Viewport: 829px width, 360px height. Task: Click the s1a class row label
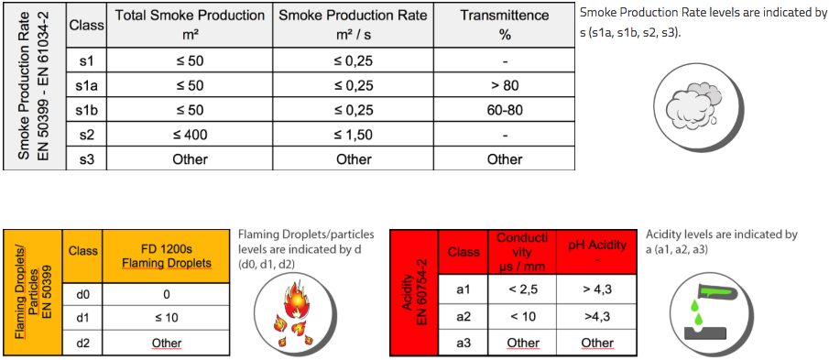point(87,87)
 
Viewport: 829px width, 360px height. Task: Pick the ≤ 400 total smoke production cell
point(190,135)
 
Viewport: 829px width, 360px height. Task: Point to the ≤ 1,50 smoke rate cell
point(353,135)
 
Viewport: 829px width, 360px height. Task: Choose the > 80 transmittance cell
point(504,87)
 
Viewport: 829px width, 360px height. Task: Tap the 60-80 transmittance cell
point(504,111)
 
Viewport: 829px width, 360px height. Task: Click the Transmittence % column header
point(504,25)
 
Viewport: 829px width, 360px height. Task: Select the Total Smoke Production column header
point(190,25)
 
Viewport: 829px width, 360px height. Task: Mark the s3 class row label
point(87,158)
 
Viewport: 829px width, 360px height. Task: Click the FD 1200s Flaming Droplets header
point(165,256)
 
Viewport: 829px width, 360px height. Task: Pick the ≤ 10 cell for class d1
point(165,319)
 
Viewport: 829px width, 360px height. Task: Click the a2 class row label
point(464,316)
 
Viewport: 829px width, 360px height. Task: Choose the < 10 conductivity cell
point(523,316)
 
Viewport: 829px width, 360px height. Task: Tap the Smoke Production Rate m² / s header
point(353,25)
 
